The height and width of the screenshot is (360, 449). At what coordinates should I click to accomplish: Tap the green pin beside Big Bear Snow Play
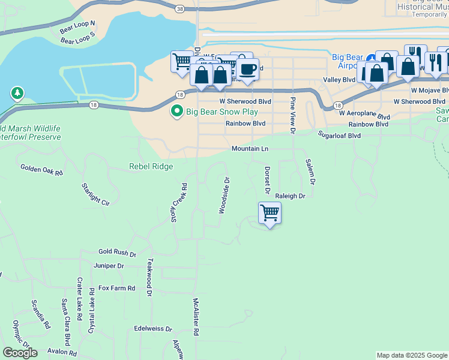[x=177, y=112]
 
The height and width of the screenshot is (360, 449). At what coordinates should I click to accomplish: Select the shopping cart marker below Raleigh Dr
[x=270, y=213]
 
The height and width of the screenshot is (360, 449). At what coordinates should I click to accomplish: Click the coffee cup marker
[x=246, y=69]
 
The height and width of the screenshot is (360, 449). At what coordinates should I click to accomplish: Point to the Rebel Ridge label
[x=151, y=167]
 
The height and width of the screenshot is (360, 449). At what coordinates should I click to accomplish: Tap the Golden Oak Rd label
[x=41, y=170]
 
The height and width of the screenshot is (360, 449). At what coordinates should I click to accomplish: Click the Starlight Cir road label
[x=96, y=194]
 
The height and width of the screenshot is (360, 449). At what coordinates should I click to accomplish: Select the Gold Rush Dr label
[x=118, y=254]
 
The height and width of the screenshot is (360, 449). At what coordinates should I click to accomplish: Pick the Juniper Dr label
[x=109, y=266]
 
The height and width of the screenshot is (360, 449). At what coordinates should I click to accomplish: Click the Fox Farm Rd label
[x=117, y=289]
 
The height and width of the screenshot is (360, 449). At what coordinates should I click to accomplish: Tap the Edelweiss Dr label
[x=153, y=329]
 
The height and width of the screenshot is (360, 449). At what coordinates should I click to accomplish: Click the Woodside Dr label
[x=224, y=195]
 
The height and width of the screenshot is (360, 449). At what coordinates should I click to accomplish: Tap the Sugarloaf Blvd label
[x=339, y=136]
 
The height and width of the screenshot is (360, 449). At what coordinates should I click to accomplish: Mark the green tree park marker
[x=17, y=94]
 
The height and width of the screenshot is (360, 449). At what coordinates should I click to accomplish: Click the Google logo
[x=20, y=352]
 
